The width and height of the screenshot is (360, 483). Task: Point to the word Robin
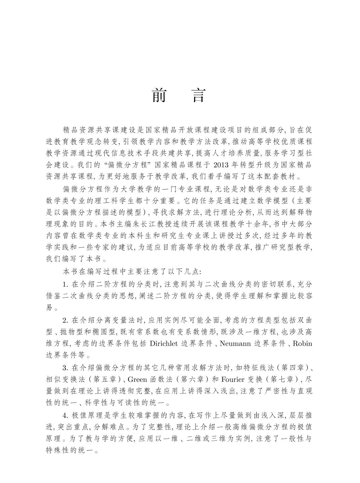click(x=302, y=343)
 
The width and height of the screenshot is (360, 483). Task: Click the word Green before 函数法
click(x=137, y=379)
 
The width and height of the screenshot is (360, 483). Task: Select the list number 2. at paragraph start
click(x=66, y=320)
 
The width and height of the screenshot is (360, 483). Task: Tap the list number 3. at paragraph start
click(x=66, y=368)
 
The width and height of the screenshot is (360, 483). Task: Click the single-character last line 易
click(x=49, y=308)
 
